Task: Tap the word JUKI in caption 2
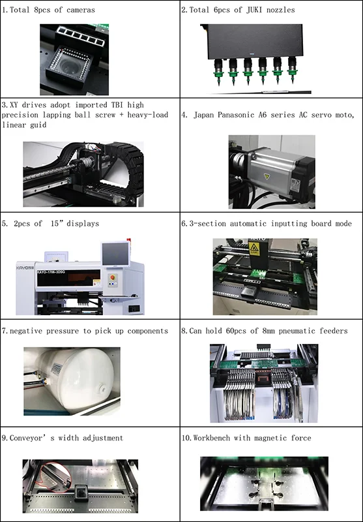pyautogui.click(x=255, y=10)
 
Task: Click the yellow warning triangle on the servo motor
pyautogui.click(x=267, y=176)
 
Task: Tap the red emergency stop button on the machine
pyautogui.click(x=112, y=277)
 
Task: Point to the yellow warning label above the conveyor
pyautogui.click(x=254, y=249)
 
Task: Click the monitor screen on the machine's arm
pyautogui.click(x=115, y=254)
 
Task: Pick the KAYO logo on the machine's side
pyautogui.click(x=25, y=268)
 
